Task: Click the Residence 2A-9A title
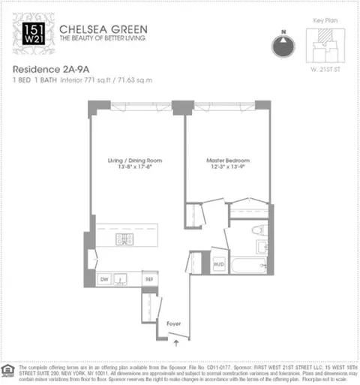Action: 49,68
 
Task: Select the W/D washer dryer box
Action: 219,265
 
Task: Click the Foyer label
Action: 174,323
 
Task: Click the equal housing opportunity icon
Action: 8,370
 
